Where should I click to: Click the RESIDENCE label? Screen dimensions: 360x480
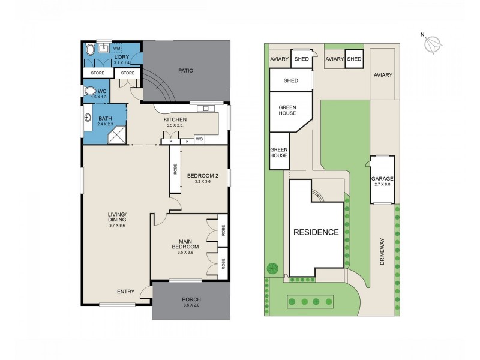click(x=316, y=232)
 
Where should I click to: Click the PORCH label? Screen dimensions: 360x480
click(x=191, y=299)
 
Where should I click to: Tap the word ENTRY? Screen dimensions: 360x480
click(x=125, y=292)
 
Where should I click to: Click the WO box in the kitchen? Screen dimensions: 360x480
click(x=199, y=139)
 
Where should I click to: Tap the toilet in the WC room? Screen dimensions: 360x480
click(x=91, y=92)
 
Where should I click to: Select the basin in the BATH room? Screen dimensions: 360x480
click(x=88, y=118)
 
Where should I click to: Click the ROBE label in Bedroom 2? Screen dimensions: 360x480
click(x=175, y=170)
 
